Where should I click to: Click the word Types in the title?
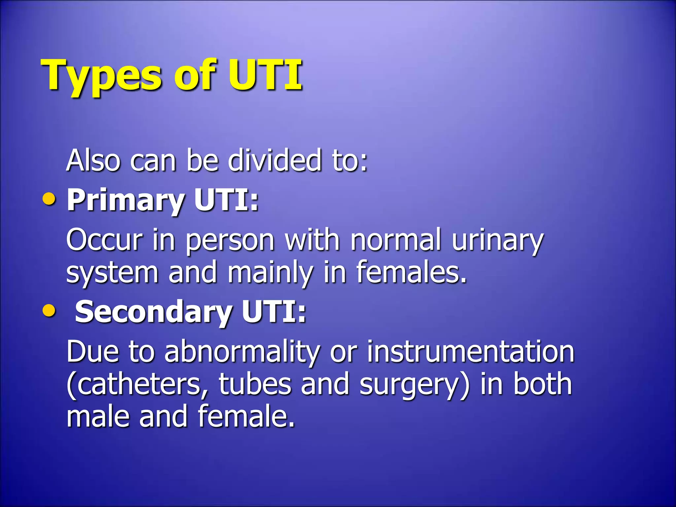[101, 76]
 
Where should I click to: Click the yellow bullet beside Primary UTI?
[49, 199]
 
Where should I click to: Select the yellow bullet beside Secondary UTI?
[49, 311]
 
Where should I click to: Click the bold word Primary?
[125, 201]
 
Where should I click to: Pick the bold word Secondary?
[153, 312]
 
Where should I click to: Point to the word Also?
[93, 160]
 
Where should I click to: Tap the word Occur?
[104, 240]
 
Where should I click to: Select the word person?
[230, 241]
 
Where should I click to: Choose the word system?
[112, 273]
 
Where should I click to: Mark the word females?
[411, 273]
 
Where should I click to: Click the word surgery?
[411, 386]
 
